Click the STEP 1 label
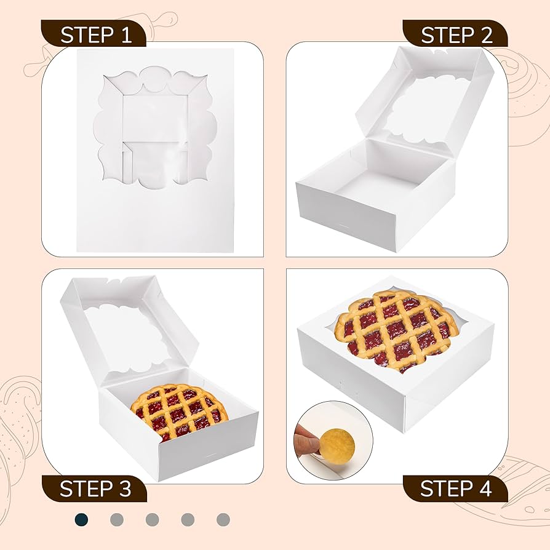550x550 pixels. (x=95, y=35)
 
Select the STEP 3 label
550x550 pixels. (x=95, y=488)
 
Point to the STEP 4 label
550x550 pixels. (x=456, y=488)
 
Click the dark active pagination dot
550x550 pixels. (x=81, y=519)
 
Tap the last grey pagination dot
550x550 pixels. (x=223, y=519)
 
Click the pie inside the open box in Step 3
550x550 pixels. (x=179, y=411)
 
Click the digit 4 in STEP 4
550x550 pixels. (x=484, y=488)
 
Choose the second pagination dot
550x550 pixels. (x=117, y=519)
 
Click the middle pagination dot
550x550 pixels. (x=153, y=519)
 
